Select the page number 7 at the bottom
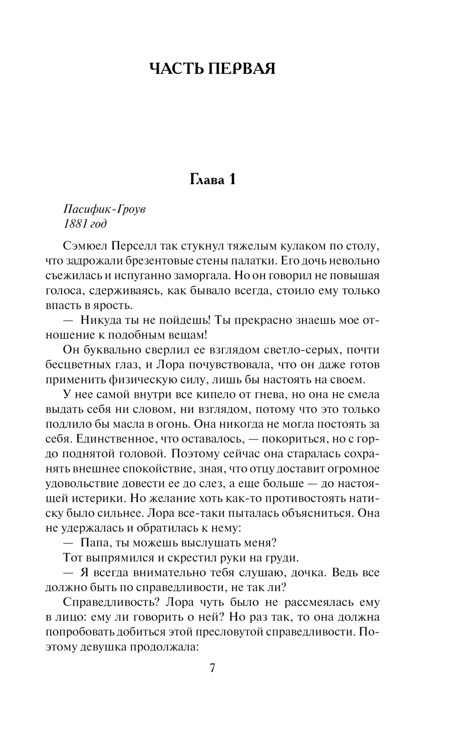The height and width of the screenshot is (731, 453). (212, 668)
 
